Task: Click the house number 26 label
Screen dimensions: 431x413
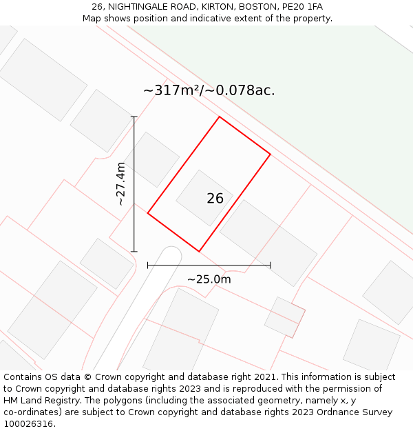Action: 215,199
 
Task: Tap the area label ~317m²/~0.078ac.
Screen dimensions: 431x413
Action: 209,90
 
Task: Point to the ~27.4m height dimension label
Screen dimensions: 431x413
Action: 120,183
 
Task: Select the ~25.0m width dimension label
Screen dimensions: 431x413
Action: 209,279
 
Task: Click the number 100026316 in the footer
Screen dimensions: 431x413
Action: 28,424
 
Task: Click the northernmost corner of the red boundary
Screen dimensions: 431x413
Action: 220,117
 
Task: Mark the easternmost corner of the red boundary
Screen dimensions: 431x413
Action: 270,154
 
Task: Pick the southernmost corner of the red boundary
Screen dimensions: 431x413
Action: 199,252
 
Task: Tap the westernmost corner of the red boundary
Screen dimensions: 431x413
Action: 148,213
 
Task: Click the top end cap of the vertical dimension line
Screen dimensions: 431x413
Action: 134,117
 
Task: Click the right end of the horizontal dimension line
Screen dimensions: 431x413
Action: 270,265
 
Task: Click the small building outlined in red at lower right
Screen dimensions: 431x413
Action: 285,317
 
